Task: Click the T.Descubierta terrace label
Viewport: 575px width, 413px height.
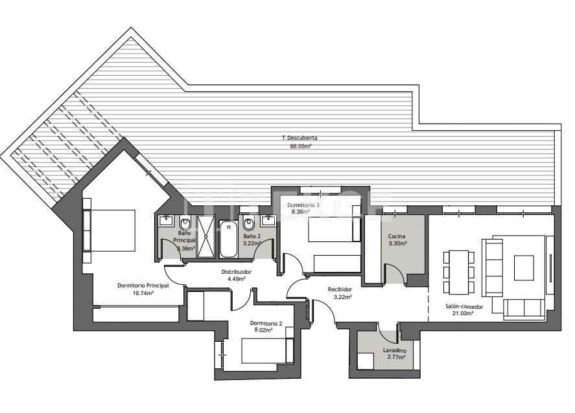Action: click(299, 138)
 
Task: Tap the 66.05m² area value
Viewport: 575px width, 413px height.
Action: click(300, 146)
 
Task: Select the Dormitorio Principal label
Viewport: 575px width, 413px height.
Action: click(143, 285)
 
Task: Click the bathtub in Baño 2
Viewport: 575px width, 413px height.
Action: click(228, 239)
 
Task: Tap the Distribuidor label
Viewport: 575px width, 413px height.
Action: click(237, 272)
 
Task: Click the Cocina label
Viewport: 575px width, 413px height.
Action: click(397, 236)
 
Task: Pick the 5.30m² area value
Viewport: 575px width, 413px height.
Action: click(397, 244)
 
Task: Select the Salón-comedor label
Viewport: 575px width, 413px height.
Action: click(459, 306)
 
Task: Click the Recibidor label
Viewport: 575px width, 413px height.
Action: click(340, 289)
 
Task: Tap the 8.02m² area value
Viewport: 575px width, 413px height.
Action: click(263, 329)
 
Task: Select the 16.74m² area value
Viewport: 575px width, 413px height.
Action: click(143, 293)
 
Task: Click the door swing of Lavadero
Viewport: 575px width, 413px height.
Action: click(389, 335)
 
